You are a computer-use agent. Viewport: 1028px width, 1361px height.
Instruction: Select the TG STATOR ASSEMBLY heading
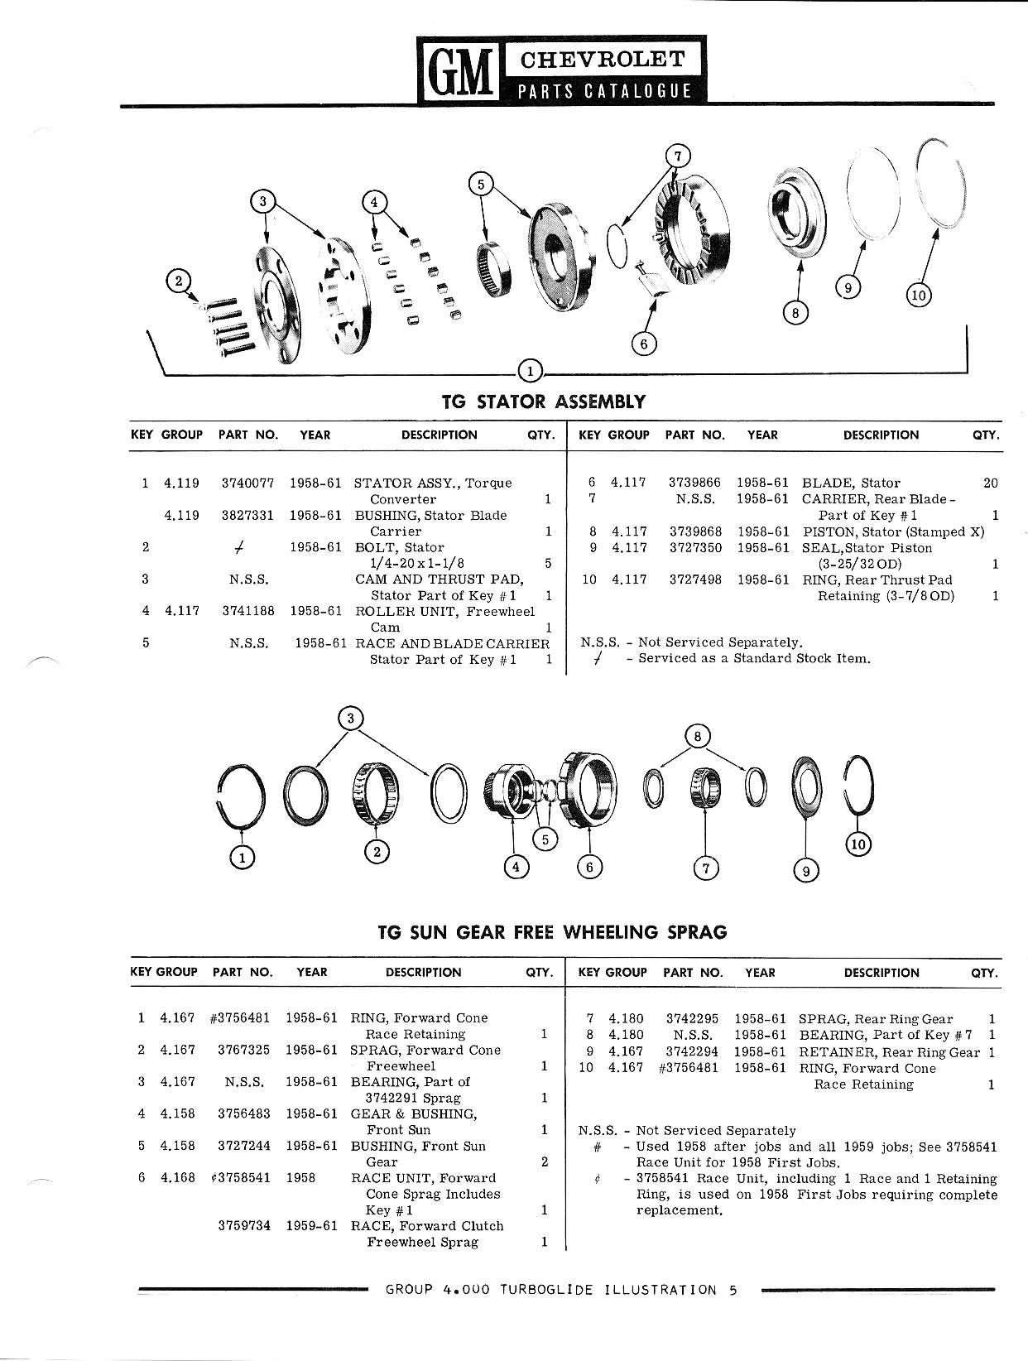click(543, 402)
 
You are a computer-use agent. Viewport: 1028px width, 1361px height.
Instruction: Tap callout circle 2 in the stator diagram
click(178, 281)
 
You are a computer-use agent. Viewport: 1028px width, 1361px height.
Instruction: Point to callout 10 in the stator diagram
click(919, 294)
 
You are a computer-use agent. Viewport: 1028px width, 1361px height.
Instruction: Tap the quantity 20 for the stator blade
click(990, 483)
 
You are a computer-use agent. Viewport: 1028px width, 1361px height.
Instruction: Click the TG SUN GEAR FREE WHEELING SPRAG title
click(552, 933)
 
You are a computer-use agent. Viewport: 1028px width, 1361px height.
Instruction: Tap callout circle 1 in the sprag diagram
click(243, 859)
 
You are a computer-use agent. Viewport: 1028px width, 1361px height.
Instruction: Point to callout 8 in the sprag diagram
click(698, 735)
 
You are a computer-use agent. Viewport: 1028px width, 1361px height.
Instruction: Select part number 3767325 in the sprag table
click(243, 1051)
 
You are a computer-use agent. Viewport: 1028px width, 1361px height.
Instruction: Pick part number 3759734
click(244, 1226)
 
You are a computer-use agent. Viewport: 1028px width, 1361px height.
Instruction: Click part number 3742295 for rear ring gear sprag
click(692, 1019)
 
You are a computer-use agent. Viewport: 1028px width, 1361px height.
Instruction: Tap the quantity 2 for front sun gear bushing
click(544, 1162)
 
